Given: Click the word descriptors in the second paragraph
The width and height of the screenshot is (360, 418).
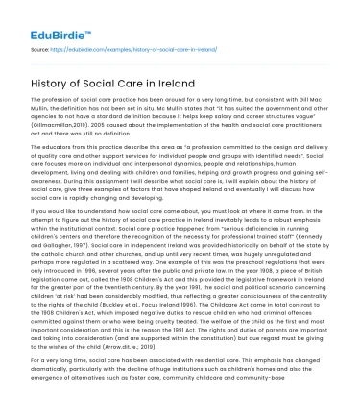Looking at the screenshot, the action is coord(56,153).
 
